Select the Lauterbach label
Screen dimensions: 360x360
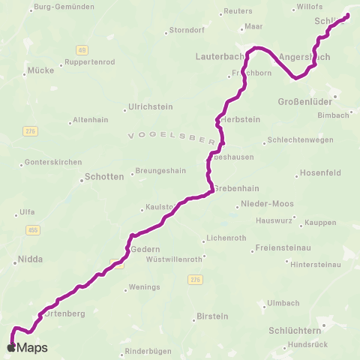point(220,56)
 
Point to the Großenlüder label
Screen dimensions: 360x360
point(302,101)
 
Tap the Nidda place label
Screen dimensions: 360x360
point(30,259)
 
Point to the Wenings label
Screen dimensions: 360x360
point(144,287)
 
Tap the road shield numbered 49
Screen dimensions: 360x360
point(81,49)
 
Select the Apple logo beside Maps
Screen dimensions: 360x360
point(10,348)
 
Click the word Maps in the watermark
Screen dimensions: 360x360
point(32,348)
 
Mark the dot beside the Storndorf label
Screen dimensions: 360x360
point(166,32)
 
